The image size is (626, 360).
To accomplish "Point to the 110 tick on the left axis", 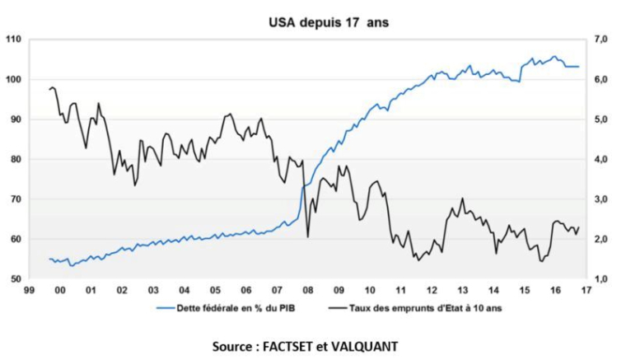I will click(x=12, y=40).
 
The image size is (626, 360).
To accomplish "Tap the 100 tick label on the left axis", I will click(x=12, y=80).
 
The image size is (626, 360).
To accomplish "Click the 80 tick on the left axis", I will click(x=14, y=160).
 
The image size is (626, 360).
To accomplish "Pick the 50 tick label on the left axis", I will click(x=14, y=280).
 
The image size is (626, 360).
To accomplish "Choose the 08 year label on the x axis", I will click(x=306, y=291).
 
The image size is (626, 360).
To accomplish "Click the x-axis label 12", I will click(x=432, y=291).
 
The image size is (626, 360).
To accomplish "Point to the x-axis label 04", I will click(x=184, y=291).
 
